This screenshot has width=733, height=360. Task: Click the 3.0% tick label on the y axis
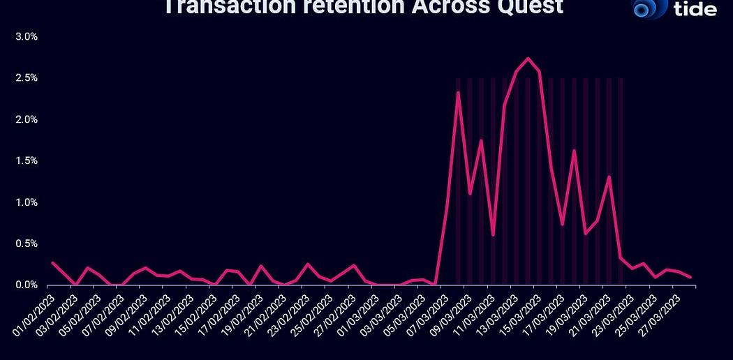(x=26, y=36)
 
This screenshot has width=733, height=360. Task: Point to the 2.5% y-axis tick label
(x=26, y=78)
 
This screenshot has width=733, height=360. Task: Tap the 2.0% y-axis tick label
(x=26, y=119)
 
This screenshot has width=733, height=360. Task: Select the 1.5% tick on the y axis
(x=26, y=160)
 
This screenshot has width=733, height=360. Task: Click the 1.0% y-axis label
(x=26, y=202)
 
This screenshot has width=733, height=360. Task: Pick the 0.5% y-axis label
(x=26, y=243)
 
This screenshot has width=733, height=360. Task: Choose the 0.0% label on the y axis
(x=26, y=285)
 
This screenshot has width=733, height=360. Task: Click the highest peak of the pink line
(x=528, y=58)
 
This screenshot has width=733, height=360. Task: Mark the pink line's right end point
(x=690, y=277)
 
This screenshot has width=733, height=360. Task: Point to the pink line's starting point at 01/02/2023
(x=52, y=262)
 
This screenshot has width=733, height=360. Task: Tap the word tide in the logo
(x=696, y=9)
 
